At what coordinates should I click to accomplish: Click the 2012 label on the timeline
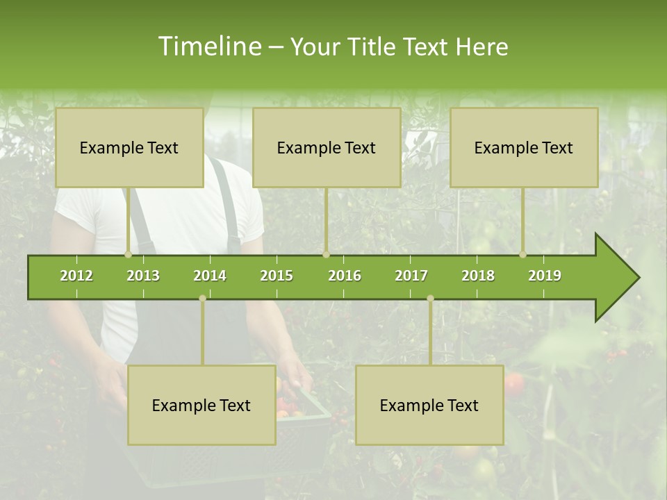(x=76, y=276)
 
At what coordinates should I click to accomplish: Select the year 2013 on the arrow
(x=143, y=276)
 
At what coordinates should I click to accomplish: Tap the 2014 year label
(x=210, y=276)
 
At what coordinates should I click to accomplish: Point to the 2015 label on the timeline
(x=277, y=276)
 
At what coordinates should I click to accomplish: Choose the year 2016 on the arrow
(x=345, y=276)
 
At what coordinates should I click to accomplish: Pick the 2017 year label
(x=411, y=276)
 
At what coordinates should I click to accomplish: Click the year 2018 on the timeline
(x=478, y=276)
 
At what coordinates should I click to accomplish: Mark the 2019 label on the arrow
(x=545, y=276)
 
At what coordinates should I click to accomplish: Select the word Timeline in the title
(x=208, y=47)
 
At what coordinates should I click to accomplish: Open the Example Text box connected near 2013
(x=129, y=148)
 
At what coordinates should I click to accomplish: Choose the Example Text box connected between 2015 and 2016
(x=327, y=148)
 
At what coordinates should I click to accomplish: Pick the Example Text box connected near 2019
(x=524, y=148)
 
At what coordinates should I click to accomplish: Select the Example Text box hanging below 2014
(x=201, y=405)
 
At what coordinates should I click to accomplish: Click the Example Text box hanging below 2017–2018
(x=429, y=405)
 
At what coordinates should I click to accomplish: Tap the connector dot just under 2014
(x=202, y=298)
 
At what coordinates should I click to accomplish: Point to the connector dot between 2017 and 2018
(x=430, y=298)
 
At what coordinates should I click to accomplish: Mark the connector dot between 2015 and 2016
(x=326, y=255)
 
